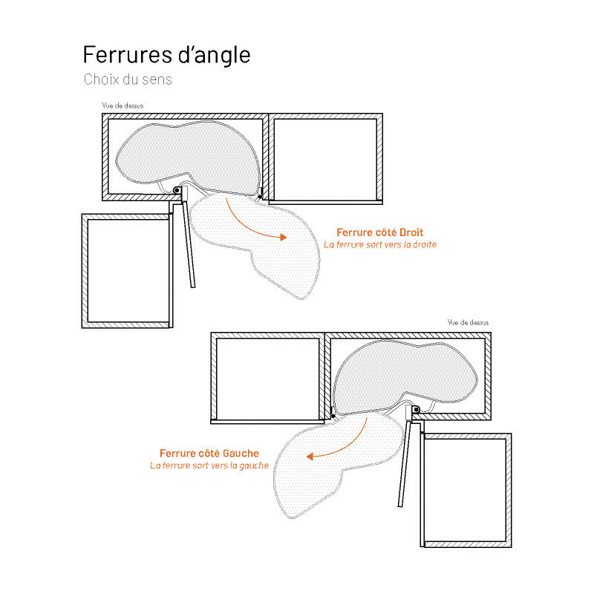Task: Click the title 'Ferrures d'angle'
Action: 166,54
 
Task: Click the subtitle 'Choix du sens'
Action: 128,79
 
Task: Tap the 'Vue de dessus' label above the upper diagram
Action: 123,105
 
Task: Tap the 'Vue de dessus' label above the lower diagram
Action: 469,322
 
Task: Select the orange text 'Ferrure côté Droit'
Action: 380,232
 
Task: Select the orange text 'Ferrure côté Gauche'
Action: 209,453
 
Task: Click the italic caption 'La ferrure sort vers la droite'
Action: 380,245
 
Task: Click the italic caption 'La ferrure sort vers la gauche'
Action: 209,466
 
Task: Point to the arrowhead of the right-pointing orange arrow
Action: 283,238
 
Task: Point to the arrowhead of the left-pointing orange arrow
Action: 310,457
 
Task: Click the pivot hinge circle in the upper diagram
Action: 177,190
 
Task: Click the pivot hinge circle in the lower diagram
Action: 416,410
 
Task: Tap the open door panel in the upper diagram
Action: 189,244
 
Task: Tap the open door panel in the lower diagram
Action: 404,463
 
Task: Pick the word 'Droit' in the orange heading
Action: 411,232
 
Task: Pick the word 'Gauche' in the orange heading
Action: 241,453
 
